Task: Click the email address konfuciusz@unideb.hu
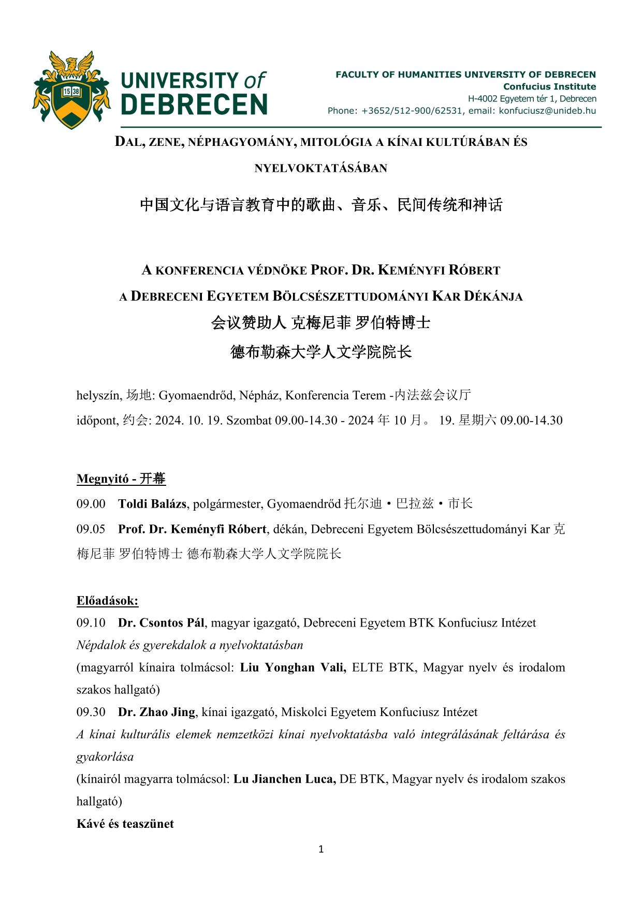547,111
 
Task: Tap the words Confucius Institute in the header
549,86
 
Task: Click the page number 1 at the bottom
321,849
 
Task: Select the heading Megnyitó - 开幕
121,479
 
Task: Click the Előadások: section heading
107,601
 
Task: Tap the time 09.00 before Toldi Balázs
91,504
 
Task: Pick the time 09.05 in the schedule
91,529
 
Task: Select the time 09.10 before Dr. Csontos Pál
91,623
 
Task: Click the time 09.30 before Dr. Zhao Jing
91,712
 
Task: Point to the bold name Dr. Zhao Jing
156,712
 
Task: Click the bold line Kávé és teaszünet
125,824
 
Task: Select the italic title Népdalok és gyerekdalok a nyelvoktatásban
189,645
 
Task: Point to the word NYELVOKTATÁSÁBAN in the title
320,168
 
